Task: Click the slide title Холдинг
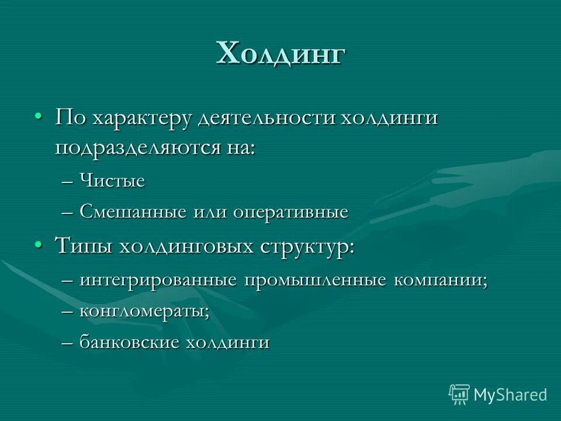[281, 54]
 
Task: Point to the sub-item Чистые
[112, 181]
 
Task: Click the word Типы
[85, 246]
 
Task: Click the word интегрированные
[158, 280]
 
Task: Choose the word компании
[441, 280]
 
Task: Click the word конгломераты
[144, 312]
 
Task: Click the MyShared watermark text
[510, 395]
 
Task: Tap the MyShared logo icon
[459, 395]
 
